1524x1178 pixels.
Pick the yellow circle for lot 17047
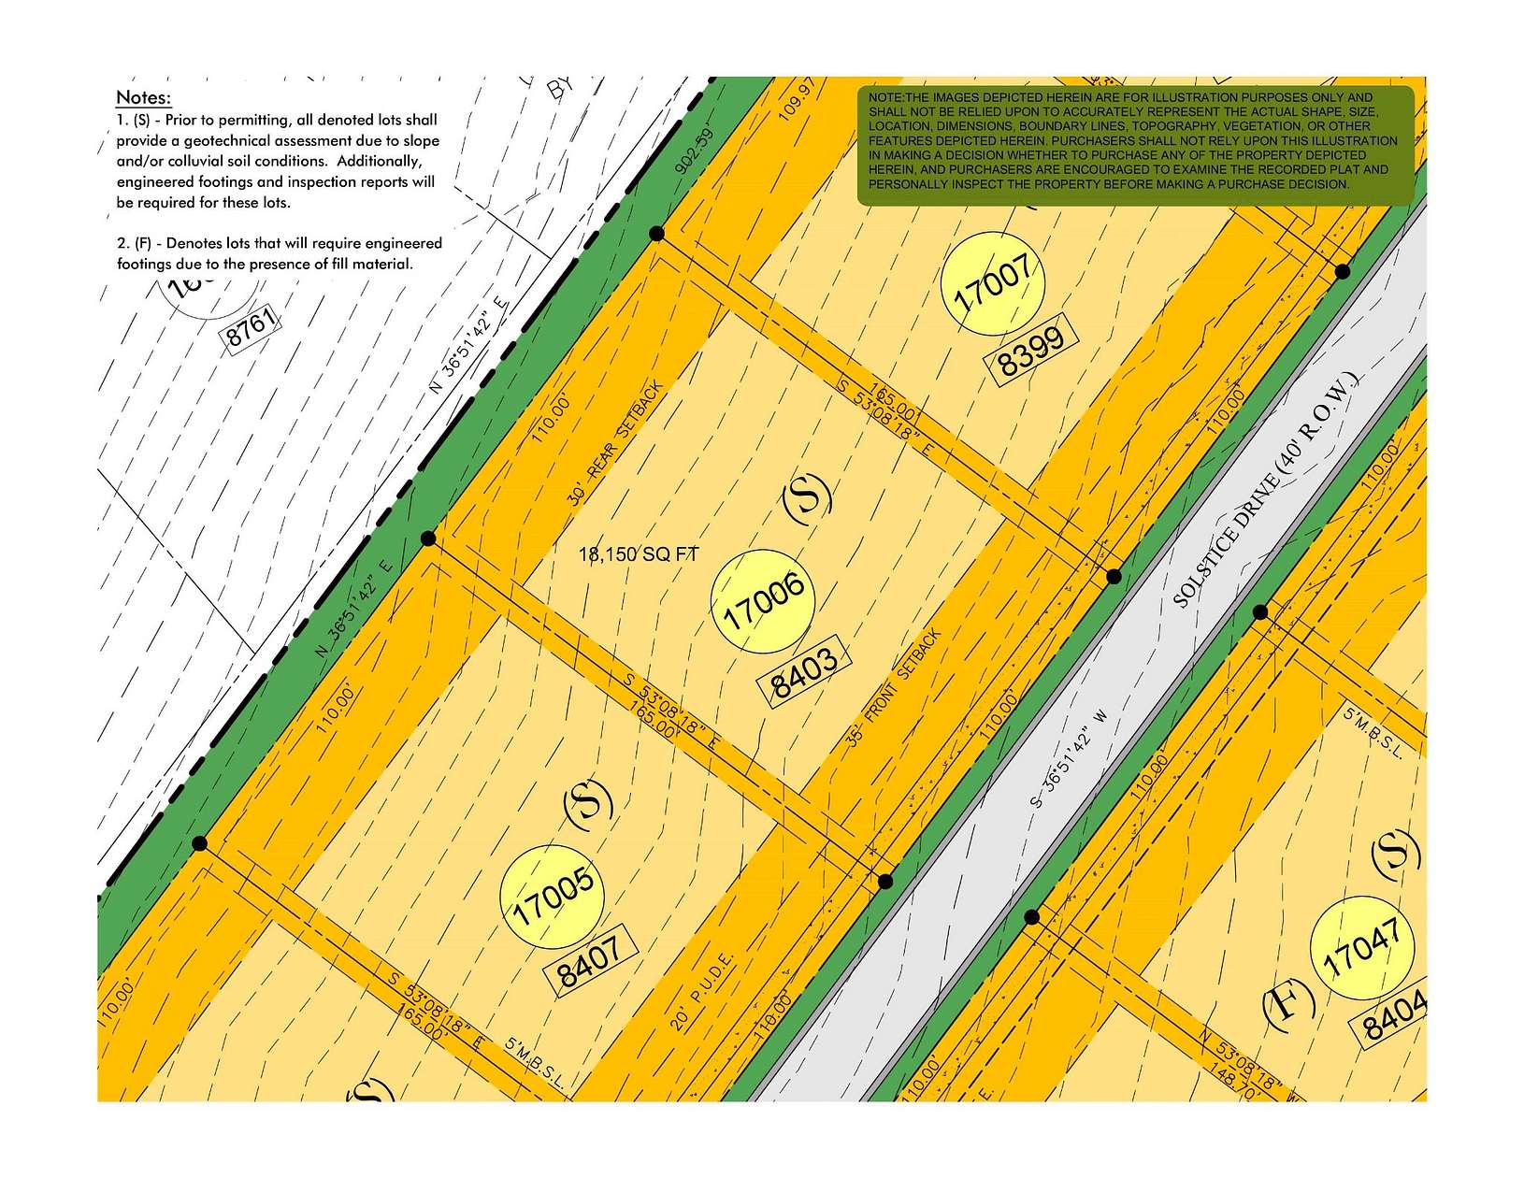1361,958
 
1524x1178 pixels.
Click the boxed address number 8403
804,670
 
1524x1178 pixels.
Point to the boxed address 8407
590,962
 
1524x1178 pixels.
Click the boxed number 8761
252,328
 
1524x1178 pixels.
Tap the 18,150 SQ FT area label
639,554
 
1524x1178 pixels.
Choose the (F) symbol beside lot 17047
1287,1007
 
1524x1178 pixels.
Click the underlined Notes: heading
143,98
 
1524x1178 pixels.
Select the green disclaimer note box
1135,145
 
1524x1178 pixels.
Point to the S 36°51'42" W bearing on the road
1068,757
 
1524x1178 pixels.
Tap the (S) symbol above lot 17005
588,804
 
